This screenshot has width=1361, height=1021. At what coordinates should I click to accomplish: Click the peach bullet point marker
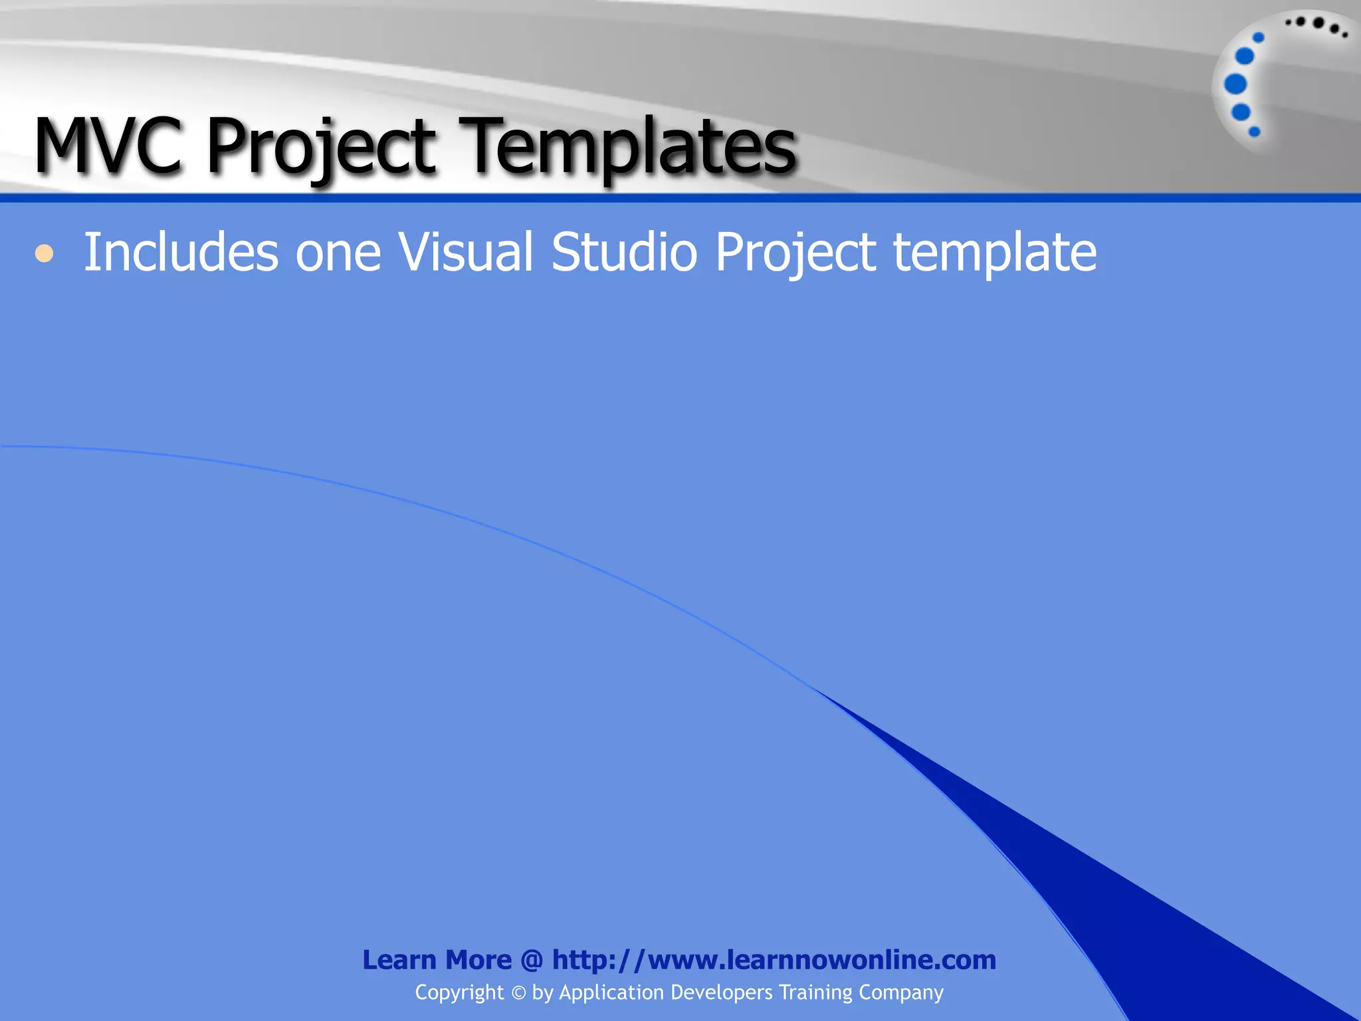click(44, 253)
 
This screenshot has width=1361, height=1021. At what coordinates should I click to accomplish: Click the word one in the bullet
click(338, 254)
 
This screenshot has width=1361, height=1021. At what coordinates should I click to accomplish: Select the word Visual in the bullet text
click(465, 253)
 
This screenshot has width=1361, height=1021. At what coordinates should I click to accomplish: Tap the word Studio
click(624, 253)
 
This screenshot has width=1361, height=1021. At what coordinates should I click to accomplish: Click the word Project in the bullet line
click(795, 254)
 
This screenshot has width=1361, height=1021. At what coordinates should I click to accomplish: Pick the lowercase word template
click(995, 254)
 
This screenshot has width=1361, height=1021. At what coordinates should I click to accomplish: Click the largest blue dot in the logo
click(1235, 84)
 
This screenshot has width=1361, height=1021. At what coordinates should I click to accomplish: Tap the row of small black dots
click(1316, 25)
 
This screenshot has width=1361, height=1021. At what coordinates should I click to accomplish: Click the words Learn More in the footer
click(437, 960)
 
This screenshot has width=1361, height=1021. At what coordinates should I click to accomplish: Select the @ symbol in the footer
click(532, 960)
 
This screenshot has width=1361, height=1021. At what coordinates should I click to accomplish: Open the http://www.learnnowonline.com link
click(774, 960)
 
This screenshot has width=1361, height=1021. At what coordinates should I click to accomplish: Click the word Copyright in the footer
click(459, 992)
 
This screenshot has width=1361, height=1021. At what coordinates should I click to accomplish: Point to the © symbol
click(518, 993)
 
